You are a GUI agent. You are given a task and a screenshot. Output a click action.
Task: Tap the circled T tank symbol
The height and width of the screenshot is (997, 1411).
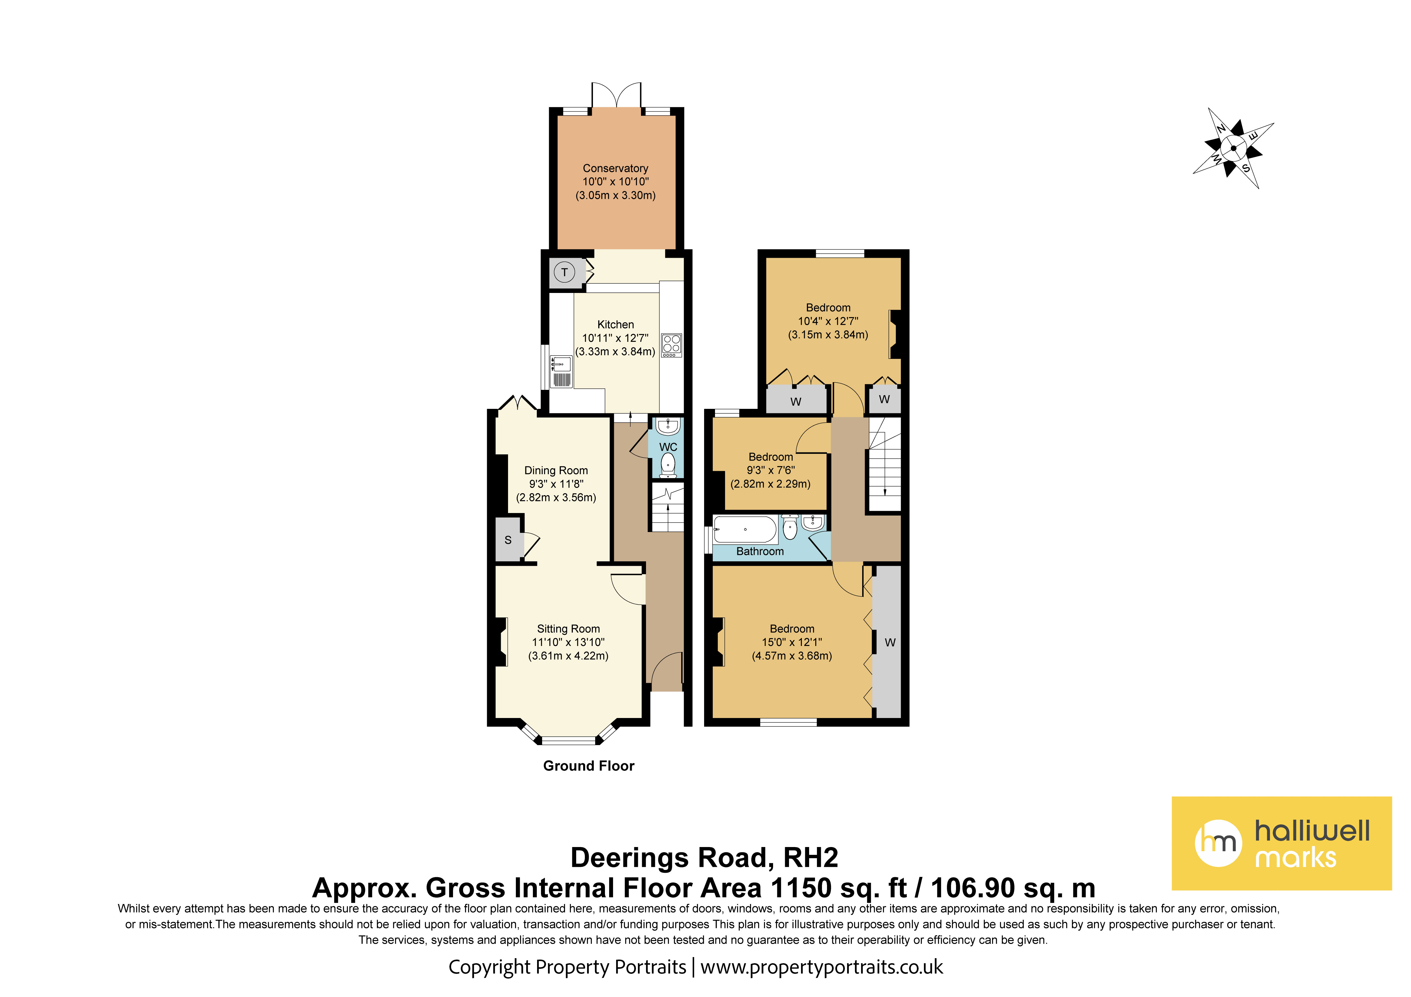(564, 272)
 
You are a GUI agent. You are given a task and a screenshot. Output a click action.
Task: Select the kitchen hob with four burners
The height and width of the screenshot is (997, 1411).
(671, 345)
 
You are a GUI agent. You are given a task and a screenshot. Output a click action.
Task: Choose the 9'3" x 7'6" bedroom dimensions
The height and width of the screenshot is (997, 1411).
(771, 470)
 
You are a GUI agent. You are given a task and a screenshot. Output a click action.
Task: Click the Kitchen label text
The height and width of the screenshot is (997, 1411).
(615, 325)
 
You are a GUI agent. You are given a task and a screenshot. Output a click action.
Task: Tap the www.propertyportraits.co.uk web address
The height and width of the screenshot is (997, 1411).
(822, 967)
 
